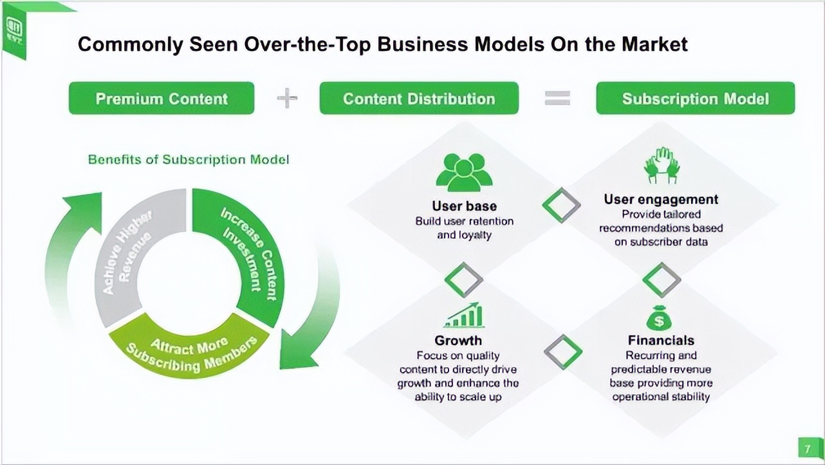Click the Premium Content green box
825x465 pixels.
tap(162, 99)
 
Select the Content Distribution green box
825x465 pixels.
tap(419, 99)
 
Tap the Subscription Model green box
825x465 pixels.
tap(695, 99)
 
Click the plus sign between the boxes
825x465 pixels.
tap(287, 98)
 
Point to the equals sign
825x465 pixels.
tap(557, 98)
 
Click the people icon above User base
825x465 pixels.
tap(464, 173)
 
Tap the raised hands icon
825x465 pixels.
tap(662, 166)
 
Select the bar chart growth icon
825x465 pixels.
tap(464, 315)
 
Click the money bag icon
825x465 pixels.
tap(659, 318)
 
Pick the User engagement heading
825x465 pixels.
tap(661, 199)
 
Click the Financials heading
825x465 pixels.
tap(661, 340)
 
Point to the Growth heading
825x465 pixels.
tap(458, 340)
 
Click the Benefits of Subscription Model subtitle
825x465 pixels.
tap(189, 159)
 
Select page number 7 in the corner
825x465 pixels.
tap(808, 448)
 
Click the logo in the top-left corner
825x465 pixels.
tap(14, 29)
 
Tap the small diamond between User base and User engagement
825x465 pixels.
tap(561, 205)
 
